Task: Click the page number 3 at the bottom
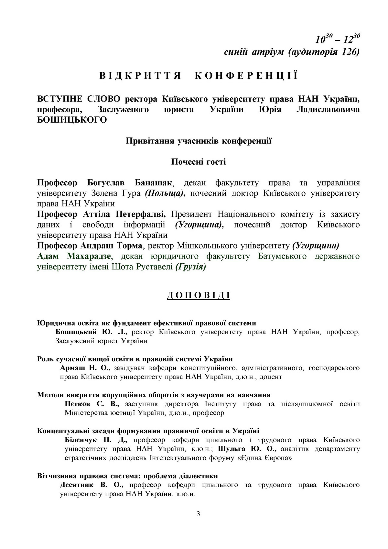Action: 198,514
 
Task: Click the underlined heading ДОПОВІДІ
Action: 198,296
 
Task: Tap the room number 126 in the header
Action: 350,52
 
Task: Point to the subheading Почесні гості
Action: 198,162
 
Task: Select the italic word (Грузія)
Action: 190,267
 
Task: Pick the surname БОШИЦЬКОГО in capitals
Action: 72,120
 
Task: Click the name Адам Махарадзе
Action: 74,257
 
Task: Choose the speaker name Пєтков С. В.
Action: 92,404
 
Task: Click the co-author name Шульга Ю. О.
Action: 247,449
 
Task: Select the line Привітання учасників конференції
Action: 198,141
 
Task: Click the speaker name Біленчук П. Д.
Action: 96,440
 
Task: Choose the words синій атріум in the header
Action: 254,52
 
